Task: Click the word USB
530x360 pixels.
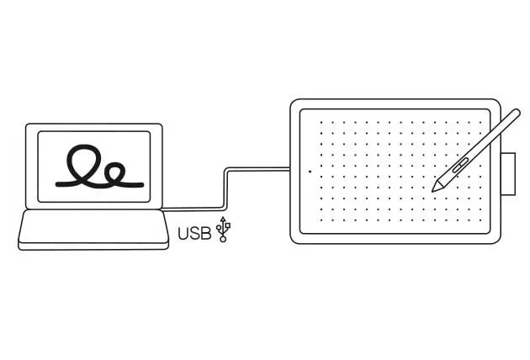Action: point(194,234)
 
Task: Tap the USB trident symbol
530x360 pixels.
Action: point(223,229)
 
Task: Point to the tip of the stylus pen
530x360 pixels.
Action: point(433,191)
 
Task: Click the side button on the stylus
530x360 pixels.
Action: point(460,165)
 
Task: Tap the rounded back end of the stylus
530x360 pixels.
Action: point(517,113)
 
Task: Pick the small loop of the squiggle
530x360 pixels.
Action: point(115,173)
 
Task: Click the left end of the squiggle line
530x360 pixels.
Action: point(57,184)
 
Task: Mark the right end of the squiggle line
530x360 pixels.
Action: point(142,185)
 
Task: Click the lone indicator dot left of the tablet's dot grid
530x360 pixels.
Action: point(310,172)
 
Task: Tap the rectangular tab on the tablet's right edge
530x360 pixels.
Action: point(508,174)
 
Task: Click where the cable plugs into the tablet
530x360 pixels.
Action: point(290,169)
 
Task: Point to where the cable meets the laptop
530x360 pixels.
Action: point(163,209)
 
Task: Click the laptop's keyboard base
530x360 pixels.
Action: point(93,230)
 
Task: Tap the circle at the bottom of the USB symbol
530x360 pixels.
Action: point(223,240)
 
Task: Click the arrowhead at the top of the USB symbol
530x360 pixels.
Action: point(223,219)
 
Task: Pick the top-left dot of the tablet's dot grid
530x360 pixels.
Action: point(321,123)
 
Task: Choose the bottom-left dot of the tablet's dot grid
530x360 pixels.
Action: point(321,220)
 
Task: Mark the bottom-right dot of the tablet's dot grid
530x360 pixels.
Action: point(480,220)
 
